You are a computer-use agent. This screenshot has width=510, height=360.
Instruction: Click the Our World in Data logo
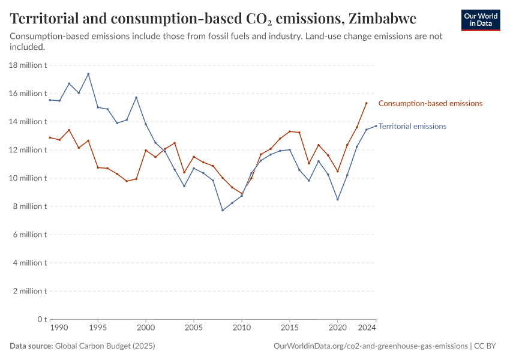[480, 20]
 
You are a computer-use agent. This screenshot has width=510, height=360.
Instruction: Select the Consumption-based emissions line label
[430, 103]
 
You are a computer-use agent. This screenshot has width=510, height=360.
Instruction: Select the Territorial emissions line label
[412, 127]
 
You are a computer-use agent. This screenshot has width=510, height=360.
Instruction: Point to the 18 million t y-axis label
[28, 65]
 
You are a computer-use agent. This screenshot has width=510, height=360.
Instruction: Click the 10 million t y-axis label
[28, 178]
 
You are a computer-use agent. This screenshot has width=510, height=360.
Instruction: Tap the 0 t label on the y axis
[41, 319]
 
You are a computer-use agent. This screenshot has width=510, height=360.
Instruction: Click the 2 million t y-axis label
[30, 291]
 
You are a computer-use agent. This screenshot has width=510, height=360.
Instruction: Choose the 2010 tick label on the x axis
[242, 328]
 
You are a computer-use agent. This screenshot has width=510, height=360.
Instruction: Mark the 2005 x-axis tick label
[194, 328]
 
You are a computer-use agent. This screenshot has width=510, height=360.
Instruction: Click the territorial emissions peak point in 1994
[88, 74]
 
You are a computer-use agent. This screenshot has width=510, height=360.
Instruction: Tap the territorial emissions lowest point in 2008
[223, 210]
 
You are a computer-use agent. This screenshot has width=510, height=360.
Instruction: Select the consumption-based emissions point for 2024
[367, 103]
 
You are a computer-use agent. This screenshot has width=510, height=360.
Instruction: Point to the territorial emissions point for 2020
[338, 199]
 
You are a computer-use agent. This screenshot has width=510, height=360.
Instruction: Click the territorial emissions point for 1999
[136, 97]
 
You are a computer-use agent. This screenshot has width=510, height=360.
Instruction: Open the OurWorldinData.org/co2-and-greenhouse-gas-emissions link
[370, 346]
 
